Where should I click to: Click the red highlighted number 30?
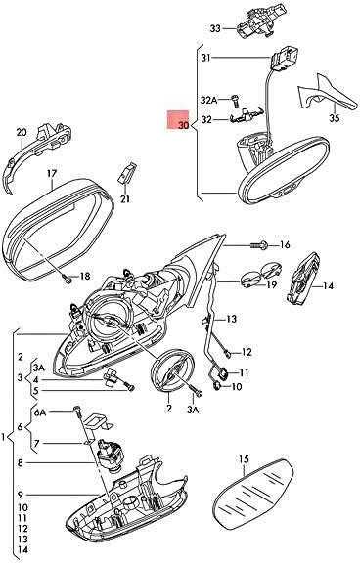(x=183, y=125)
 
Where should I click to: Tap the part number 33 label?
(x=215, y=28)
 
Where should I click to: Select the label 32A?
(x=208, y=100)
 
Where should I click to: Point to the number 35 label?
(x=335, y=118)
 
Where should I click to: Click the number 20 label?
(x=22, y=132)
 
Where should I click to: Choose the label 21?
(x=125, y=198)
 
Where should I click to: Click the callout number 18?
(x=85, y=276)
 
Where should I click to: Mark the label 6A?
(x=40, y=412)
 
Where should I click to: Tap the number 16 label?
(x=285, y=245)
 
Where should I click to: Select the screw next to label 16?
(x=259, y=245)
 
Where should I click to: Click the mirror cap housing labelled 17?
(x=60, y=229)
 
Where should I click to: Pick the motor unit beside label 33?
(x=255, y=22)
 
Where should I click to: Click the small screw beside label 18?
(x=66, y=277)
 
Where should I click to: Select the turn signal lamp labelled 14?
(x=303, y=278)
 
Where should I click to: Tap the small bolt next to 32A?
(x=235, y=100)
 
